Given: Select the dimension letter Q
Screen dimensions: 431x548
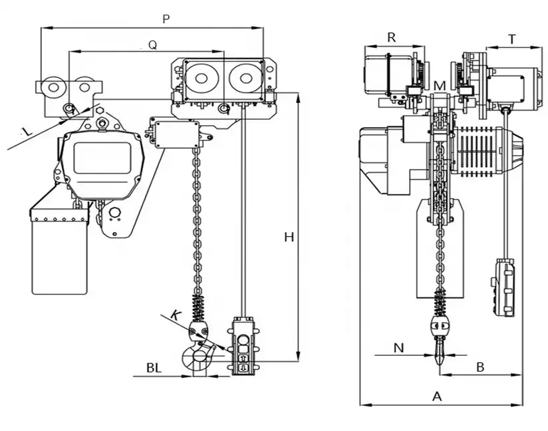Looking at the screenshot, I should [x=152, y=45].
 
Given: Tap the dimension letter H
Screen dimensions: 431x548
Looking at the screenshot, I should [x=289, y=237].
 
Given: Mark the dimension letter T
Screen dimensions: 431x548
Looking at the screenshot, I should [x=513, y=39].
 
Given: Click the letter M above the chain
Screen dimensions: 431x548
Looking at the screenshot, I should [x=440, y=86].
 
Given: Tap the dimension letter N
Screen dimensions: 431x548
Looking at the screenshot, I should [x=398, y=347].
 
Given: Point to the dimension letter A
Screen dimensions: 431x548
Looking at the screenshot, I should [x=437, y=396].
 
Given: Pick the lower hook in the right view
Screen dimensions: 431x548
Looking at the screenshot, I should [x=440, y=347].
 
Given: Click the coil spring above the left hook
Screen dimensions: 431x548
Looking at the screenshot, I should [x=198, y=308].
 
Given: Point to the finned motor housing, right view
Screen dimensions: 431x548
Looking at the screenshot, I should [x=480, y=151].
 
